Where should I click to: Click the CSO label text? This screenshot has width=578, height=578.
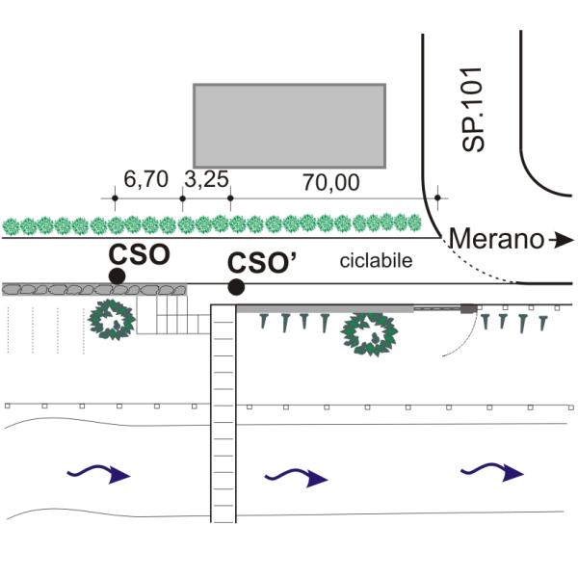(140, 254)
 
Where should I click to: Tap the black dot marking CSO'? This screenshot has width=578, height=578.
(236, 287)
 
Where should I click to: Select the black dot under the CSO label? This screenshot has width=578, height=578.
(118, 276)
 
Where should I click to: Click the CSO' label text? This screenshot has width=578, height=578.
(262, 263)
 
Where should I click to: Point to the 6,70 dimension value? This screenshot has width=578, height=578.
(146, 179)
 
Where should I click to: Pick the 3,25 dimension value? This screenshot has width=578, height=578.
(206, 179)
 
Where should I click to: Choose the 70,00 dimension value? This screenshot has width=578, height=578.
(331, 182)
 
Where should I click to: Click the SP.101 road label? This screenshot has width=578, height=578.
(473, 110)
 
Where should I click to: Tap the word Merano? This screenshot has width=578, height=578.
(496, 239)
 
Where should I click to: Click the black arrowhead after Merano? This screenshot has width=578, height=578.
(565, 240)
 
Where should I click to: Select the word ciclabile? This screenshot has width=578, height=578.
(376, 261)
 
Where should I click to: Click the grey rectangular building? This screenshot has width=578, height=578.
(290, 126)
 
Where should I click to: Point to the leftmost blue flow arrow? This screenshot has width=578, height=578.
(98, 473)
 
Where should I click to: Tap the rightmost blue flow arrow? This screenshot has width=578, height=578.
(492, 472)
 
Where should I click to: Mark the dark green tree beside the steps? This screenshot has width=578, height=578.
(112, 320)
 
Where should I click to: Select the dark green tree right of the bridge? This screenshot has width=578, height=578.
(369, 334)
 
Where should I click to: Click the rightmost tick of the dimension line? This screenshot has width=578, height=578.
(437, 197)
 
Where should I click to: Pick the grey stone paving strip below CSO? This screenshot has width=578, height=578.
(94, 290)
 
